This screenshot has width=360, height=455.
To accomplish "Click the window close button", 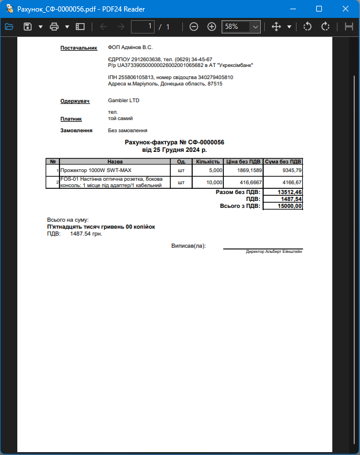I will (346, 9).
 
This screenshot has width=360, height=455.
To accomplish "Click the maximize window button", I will (319, 9).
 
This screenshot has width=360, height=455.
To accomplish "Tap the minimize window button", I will (292, 9).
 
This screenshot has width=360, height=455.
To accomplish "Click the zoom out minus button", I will (194, 27).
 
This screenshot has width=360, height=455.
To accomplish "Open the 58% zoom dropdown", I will (254, 27).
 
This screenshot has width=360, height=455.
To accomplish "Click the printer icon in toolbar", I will (54, 27).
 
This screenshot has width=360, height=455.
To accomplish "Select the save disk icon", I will (27, 27).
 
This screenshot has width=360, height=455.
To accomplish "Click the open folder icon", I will (9, 27).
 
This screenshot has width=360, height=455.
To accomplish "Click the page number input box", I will (143, 27).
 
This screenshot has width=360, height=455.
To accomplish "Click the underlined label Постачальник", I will (78, 48).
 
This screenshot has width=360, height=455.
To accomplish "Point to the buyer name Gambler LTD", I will (123, 100).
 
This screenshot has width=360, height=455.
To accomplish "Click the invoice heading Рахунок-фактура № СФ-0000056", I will (174, 142).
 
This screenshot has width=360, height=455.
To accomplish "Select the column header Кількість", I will (208, 162).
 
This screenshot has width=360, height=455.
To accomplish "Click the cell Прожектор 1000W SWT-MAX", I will (96, 170).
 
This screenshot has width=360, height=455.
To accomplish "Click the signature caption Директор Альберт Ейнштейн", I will (274, 252).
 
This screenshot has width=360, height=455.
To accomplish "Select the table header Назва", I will (115, 162).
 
